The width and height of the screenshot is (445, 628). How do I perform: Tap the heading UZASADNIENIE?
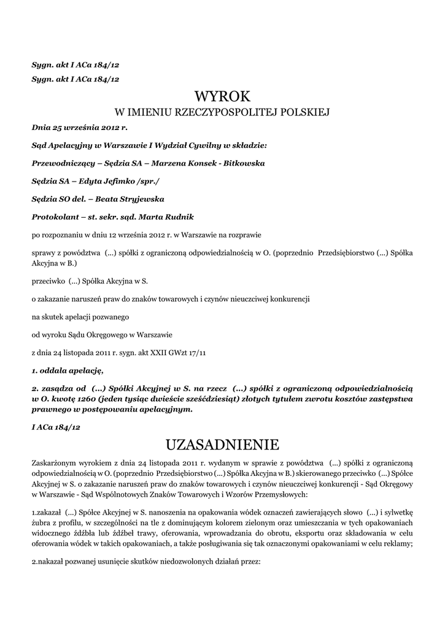[222, 443]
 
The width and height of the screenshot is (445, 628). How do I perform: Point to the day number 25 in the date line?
[57, 129]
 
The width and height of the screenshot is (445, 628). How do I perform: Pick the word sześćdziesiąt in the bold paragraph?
[221, 399]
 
